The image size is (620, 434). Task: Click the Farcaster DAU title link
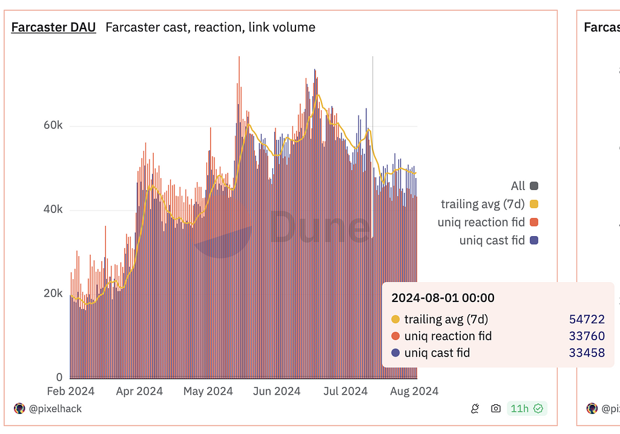53,27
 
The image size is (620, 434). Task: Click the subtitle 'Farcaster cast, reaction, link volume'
210,27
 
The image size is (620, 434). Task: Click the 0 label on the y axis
59,376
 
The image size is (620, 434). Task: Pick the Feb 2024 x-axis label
70,391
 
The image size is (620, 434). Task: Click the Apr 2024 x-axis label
139,391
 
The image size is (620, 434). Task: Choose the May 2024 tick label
208,391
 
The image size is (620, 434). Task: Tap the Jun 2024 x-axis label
277,391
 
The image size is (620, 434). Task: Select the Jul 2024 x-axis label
345,391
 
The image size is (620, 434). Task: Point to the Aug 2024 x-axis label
415,391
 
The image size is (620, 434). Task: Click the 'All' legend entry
518,186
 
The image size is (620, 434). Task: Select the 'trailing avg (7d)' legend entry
483,204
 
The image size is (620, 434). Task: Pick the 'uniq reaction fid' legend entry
481,222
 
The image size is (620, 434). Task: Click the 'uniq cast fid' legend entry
492,240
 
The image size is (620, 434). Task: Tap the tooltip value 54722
587,320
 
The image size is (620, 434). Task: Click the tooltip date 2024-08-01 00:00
443,298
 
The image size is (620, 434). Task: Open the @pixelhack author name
55,409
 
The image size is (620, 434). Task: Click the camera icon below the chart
496,409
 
